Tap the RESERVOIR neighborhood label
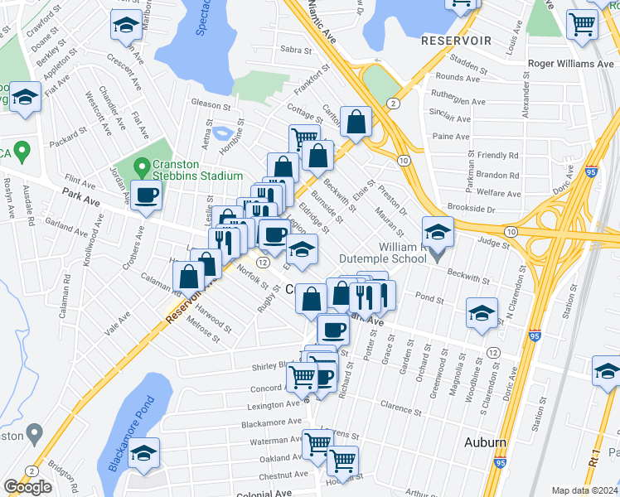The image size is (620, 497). [456, 40]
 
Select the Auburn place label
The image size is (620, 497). [485, 442]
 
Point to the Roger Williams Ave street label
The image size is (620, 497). [571, 63]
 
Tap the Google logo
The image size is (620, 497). [27, 487]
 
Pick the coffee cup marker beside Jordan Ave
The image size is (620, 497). [147, 196]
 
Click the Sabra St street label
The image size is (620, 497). [294, 50]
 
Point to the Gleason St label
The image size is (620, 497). [211, 106]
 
